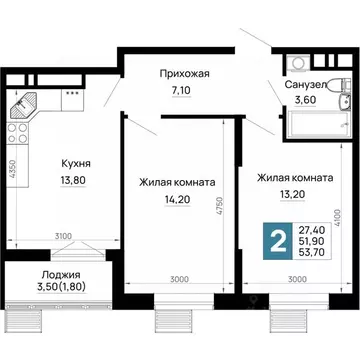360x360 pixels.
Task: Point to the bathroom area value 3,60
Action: click(310, 103)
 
